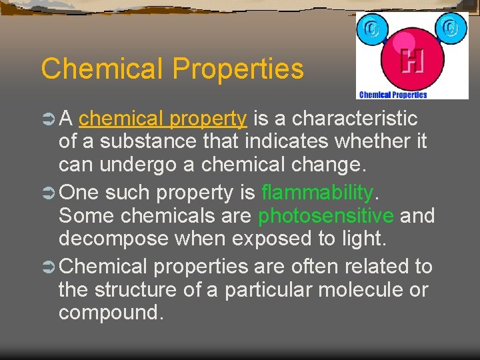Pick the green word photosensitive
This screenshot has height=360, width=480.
click(326, 216)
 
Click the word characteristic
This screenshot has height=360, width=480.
click(355, 119)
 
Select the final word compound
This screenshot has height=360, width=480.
click(110, 313)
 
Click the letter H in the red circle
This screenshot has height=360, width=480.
click(411, 61)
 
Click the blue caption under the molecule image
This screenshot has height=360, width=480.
click(393, 95)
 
